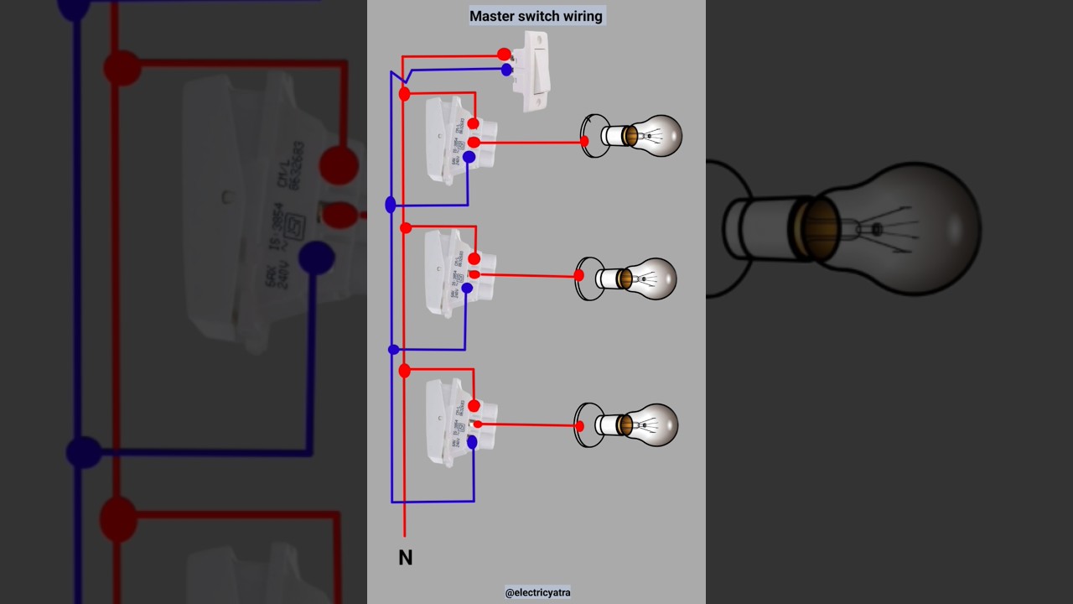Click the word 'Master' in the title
(x=492, y=16)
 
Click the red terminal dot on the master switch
(x=504, y=55)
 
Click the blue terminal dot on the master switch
(x=507, y=70)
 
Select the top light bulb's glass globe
(x=659, y=136)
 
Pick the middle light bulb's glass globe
(x=654, y=279)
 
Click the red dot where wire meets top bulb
(x=584, y=141)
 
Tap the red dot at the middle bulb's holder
(x=579, y=275)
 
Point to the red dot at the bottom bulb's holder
(x=579, y=426)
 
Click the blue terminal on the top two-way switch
(x=469, y=157)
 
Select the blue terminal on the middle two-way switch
(x=467, y=289)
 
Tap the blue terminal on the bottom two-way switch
(x=471, y=441)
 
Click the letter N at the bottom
(x=405, y=558)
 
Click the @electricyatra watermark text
(x=537, y=592)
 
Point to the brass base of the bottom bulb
(x=625, y=424)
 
